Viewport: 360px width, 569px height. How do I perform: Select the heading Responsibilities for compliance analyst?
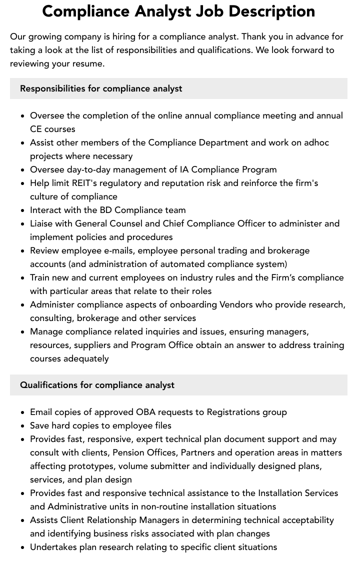[101, 88]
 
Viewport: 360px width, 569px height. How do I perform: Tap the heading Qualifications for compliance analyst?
[97, 385]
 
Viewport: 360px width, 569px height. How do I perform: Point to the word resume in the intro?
[87, 63]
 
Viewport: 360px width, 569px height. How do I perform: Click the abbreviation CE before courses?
[36, 129]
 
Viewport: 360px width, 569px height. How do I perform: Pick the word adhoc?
[316, 142]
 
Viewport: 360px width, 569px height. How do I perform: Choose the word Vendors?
[236, 304]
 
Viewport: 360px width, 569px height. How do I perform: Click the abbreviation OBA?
[148, 412]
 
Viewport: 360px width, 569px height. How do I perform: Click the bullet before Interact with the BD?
[22, 210]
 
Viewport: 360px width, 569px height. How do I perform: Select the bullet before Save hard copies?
[22, 426]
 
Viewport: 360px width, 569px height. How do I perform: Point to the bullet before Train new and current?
[22, 278]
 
